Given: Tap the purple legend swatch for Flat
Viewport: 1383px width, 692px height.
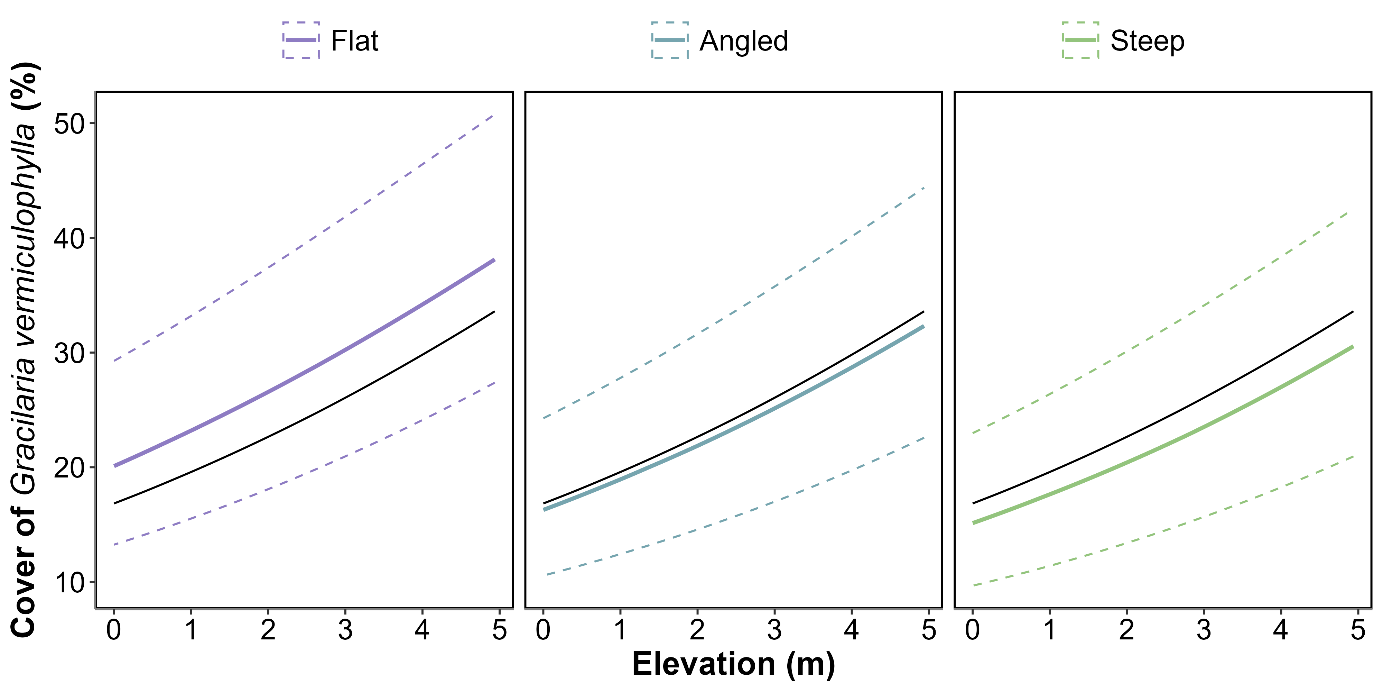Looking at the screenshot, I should point(301,40).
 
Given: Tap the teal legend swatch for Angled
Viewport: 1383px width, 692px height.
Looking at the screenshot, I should point(669,40).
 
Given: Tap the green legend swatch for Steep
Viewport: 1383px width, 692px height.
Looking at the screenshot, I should point(1080,40).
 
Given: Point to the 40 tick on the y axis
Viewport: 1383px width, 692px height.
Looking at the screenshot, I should point(70,238).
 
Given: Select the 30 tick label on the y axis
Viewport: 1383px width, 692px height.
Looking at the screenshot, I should point(70,353).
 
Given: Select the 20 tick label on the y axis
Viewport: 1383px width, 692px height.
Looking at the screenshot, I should point(70,467).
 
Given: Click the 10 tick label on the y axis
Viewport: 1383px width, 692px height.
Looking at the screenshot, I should point(70,582).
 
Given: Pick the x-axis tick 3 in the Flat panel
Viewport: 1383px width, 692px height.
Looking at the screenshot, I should point(345,630).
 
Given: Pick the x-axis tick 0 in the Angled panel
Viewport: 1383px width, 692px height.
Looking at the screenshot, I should point(543,630).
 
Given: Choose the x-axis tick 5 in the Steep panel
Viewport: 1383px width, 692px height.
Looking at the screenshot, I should point(1358,630).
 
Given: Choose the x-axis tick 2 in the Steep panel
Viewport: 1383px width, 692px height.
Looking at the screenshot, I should point(1126,630).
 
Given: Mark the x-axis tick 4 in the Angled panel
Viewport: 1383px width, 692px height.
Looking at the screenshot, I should point(852,630).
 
